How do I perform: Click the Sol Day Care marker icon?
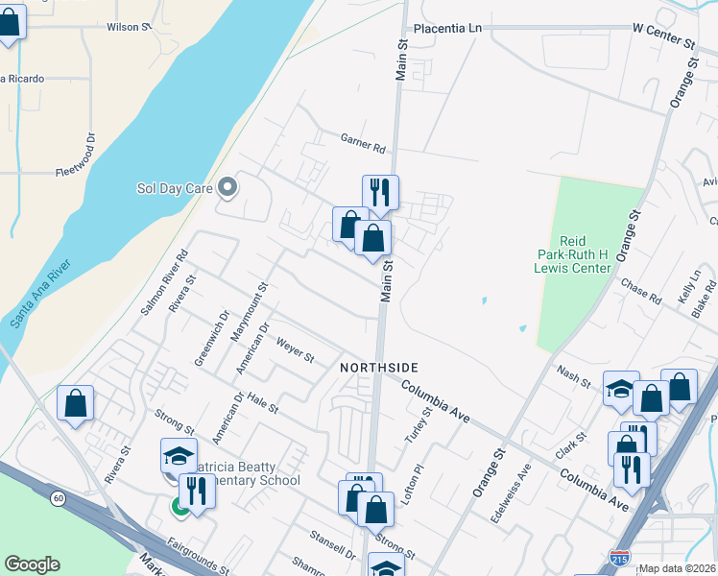click(x=227, y=188)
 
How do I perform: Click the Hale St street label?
click(x=262, y=403)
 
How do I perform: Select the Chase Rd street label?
click(x=641, y=291)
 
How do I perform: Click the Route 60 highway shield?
click(x=58, y=497)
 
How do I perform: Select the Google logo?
click(x=32, y=564)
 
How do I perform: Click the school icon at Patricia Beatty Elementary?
click(x=179, y=455)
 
